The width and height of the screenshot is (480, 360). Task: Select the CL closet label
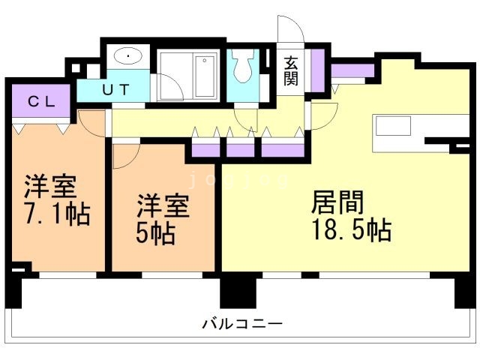(x=41, y=100)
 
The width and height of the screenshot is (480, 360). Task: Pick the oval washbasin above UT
(x=129, y=56)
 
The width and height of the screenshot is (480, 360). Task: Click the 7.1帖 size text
(x=57, y=214)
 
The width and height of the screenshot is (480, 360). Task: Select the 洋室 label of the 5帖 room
(x=161, y=205)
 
